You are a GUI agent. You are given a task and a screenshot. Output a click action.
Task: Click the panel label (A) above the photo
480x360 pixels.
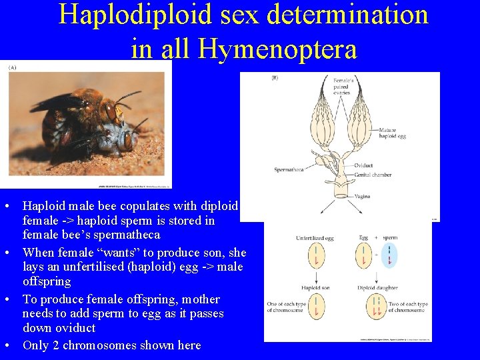(13, 68)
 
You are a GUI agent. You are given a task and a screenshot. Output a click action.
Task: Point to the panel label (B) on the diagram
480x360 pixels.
(275, 78)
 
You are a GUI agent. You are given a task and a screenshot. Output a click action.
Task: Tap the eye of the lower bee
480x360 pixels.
(127, 141)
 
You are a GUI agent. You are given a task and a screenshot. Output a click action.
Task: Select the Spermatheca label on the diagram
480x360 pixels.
(289, 170)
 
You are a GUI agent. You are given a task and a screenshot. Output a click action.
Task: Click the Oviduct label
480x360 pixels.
(363, 165)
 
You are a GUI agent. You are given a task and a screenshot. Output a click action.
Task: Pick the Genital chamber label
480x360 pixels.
(372, 175)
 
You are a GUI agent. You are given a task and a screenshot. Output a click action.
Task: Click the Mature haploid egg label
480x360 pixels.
(392, 133)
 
